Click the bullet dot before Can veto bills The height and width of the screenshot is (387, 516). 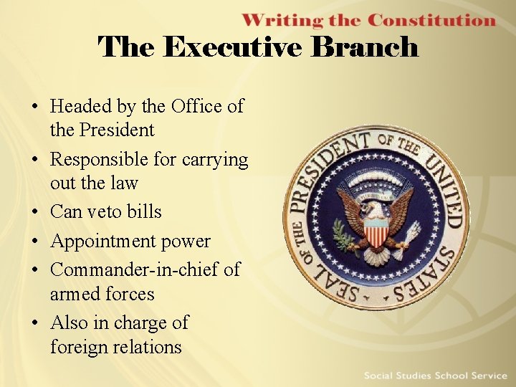[34, 213]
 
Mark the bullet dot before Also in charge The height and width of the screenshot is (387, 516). [34, 323]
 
